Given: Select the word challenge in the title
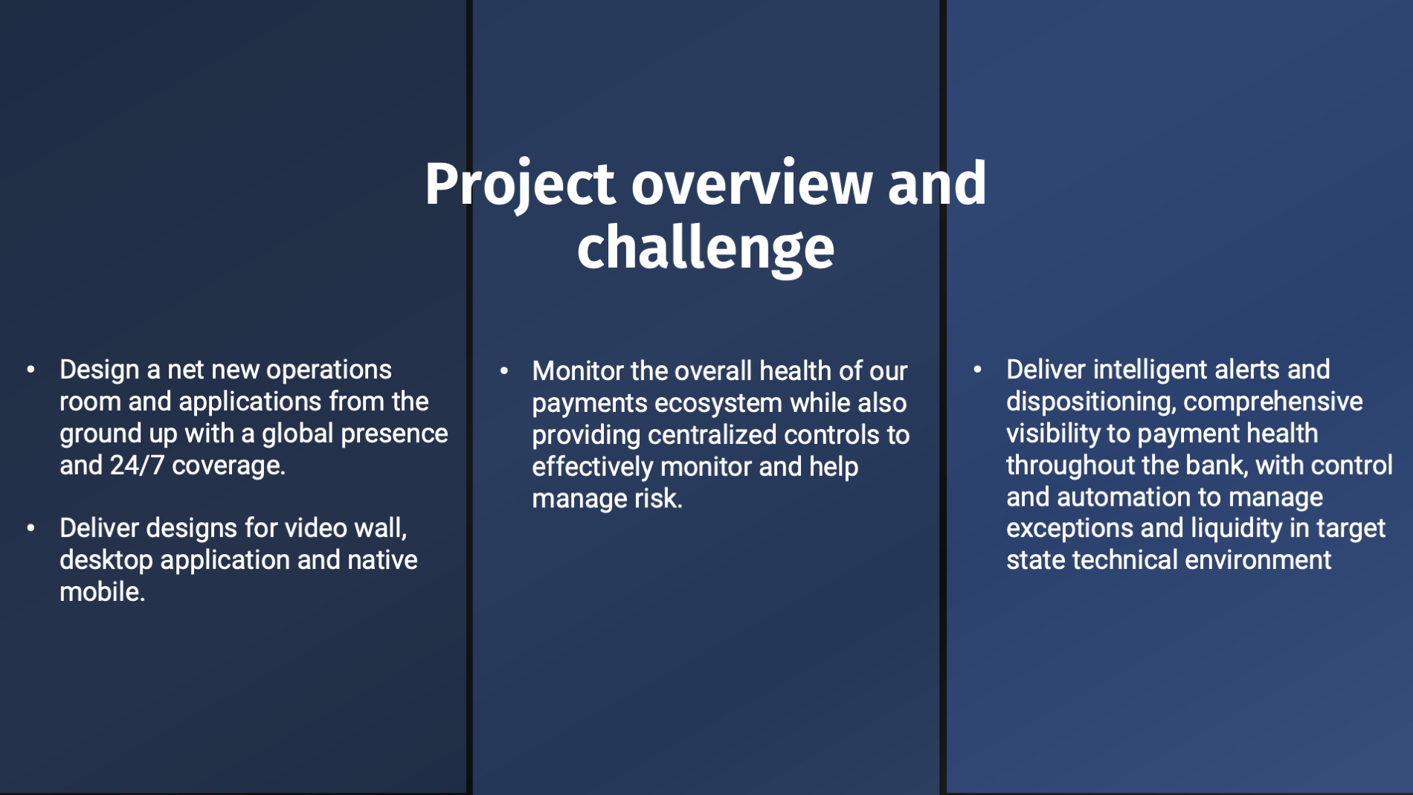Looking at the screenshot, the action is (706, 248).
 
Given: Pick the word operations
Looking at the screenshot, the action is (329, 370).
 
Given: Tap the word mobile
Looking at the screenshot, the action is (102, 592).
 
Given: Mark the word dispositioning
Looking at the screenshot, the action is (1091, 402).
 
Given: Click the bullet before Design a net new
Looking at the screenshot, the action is (30, 370).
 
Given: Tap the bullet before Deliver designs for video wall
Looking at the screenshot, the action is (30, 528).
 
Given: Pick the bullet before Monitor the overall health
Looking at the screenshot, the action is (504, 370).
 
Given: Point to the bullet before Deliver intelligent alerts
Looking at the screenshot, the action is (977, 369).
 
